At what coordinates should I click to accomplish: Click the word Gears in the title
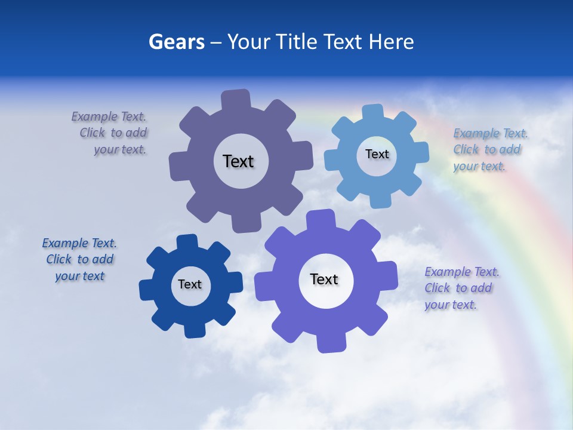pos(176,42)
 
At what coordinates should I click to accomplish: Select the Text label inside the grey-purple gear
pos(238,161)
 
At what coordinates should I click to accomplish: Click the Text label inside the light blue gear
pos(377,154)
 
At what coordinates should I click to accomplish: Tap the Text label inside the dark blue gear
pos(190,284)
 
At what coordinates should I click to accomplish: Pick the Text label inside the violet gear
pos(324,279)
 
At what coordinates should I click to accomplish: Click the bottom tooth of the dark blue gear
pos(194,330)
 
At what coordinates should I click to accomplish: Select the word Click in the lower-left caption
pos(58,259)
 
